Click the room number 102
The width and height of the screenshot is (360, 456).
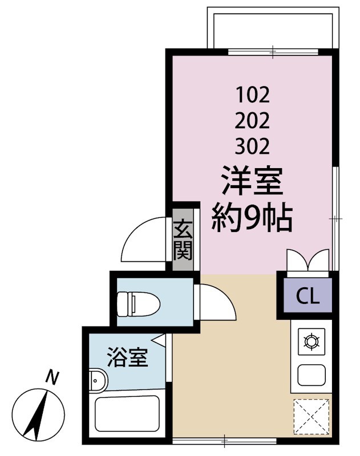(252, 93)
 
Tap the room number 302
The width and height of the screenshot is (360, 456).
(252, 146)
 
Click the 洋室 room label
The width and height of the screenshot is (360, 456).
(252, 184)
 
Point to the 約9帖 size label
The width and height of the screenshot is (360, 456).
(252, 217)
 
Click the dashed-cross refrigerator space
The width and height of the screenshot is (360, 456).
(311, 417)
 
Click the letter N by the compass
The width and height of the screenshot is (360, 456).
(52, 377)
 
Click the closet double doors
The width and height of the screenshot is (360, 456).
(309, 260)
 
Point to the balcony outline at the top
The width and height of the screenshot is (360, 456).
(273, 27)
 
